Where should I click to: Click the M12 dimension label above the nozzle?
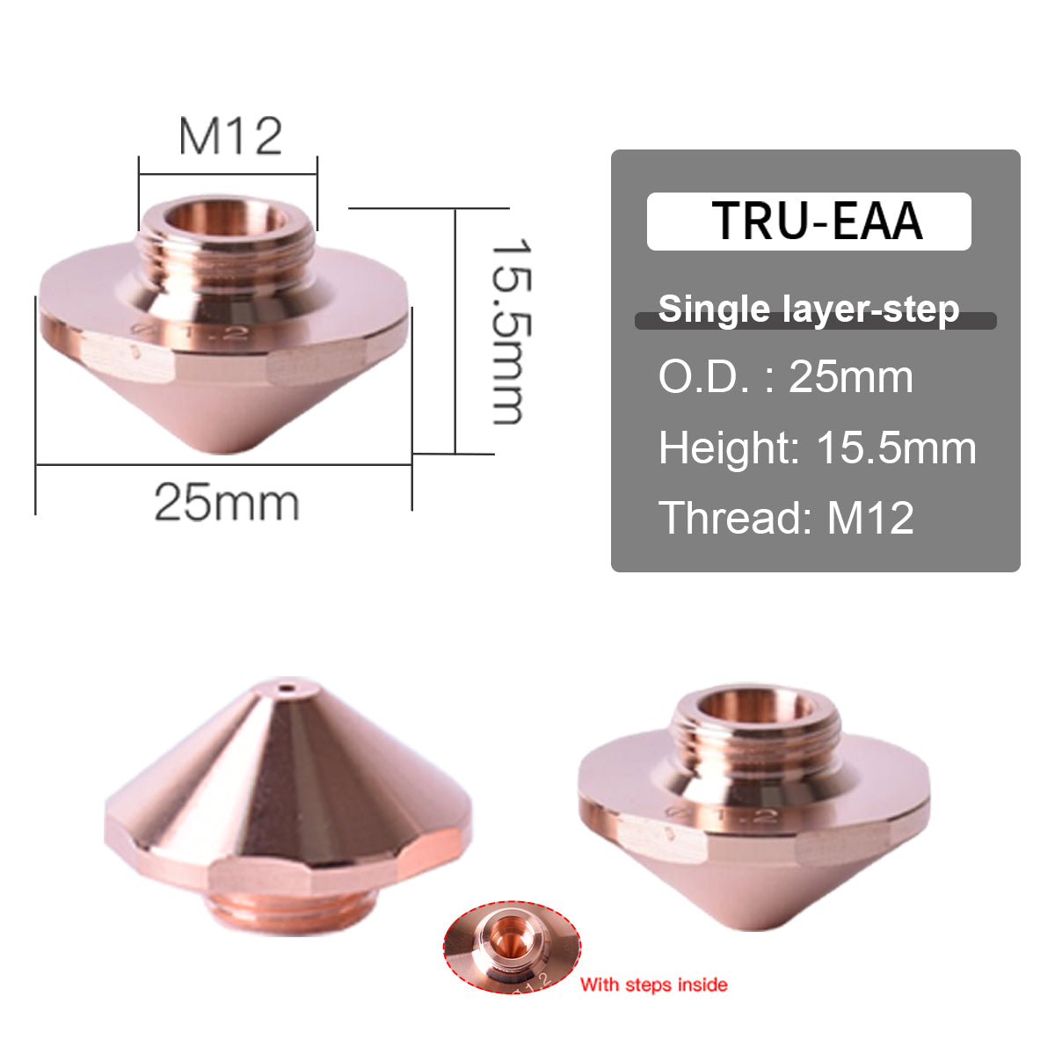(x=230, y=136)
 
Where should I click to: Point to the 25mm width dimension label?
(x=227, y=503)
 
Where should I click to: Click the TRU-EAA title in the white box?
(x=817, y=221)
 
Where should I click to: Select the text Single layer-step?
(x=808, y=309)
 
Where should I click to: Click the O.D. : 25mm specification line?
(x=786, y=377)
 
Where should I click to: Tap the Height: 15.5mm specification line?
(x=817, y=447)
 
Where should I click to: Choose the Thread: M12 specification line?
(x=786, y=517)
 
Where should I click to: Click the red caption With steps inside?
(x=653, y=985)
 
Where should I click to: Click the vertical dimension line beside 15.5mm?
(x=455, y=331)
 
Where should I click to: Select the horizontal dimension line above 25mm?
(x=223, y=464)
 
